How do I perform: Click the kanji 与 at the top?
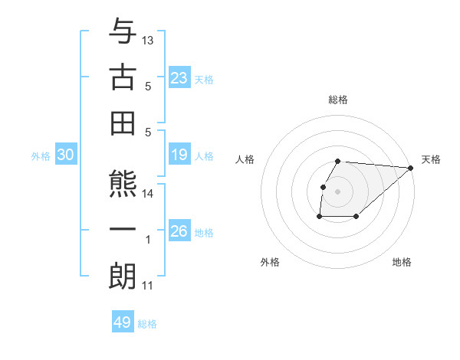coord(123,31)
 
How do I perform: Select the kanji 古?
coord(123,77)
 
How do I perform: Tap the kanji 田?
coord(123,122)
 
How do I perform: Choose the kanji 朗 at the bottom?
coord(123,276)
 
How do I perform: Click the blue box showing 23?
coord(179,78)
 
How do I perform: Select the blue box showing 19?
coord(179,155)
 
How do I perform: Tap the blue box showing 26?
coord(179,231)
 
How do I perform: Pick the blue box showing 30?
coord(66,155)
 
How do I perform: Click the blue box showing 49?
coord(123,322)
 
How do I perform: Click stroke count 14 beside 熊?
coord(149,194)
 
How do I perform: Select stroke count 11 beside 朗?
coord(148,286)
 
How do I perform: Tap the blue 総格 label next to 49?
coord(148,324)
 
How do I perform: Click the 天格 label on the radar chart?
coord(431,159)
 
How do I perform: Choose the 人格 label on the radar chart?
coord(245,159)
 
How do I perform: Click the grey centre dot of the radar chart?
coord(338,191)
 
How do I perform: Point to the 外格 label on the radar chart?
coord(270,262)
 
